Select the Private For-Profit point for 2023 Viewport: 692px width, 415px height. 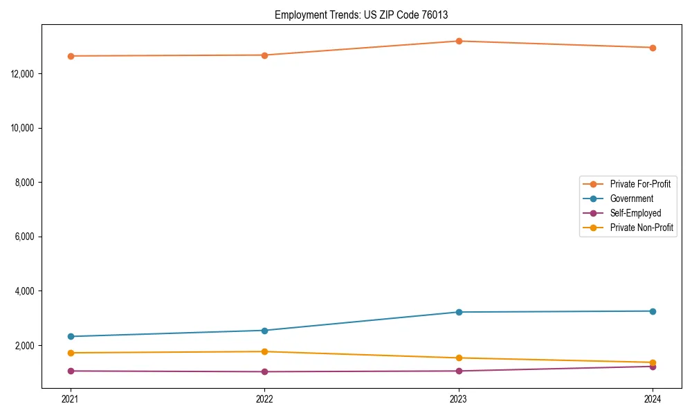coord(459,41)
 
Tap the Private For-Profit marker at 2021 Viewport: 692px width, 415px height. coord(71,56)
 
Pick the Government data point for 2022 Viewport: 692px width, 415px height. coord(264,331)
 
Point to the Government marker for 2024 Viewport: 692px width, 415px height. coord(653,311)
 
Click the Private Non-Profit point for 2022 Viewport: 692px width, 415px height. coord(264,351)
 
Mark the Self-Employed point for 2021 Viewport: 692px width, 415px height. coord(71,371)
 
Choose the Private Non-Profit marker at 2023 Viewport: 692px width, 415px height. coord(459,358)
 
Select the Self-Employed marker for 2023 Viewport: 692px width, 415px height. coord(459,371)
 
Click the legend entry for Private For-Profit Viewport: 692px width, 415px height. coord(639,184)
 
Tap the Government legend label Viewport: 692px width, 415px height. coord(631,199)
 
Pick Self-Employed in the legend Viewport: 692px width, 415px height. coord(635,213)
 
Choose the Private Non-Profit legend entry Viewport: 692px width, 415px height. coord(641,228)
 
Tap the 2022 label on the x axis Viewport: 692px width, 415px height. coord(264,398)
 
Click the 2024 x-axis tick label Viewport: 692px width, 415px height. coord(653,398)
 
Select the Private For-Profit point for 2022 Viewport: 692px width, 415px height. coord(264,55)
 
